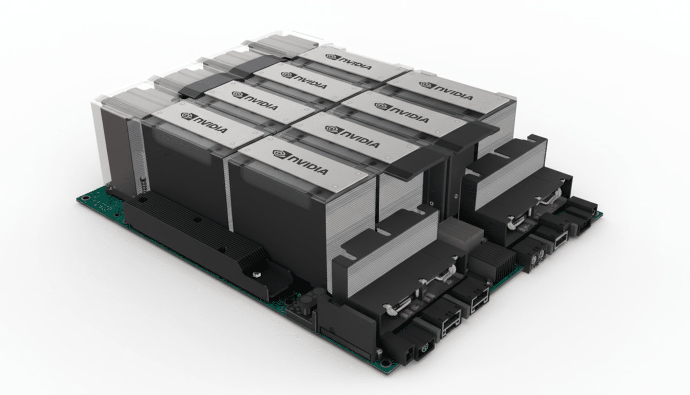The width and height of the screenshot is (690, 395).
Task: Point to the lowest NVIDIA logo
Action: tap(300, 161)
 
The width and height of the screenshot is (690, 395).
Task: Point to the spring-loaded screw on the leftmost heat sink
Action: tap(142, 183)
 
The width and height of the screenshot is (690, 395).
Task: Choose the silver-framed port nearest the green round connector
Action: tap(444, 324)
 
